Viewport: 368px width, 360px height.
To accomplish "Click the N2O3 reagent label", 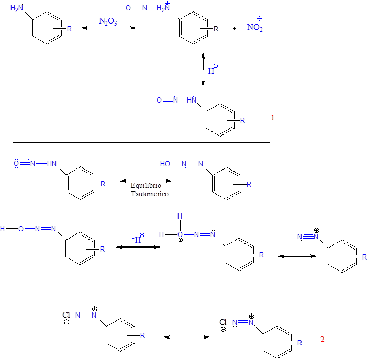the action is [108, 21].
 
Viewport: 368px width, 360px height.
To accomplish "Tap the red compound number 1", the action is [273, 118].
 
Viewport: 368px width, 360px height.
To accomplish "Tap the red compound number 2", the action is [322, 340].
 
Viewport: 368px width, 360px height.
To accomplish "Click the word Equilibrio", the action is [146, 186].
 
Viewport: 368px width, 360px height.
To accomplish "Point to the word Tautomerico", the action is [150, 194].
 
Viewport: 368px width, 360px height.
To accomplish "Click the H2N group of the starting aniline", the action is [17, 8].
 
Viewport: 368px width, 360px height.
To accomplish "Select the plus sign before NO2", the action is [234, 29].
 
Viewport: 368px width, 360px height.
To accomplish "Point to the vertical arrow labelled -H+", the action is [203, 70].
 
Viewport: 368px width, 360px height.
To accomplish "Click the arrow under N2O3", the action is [108, 28].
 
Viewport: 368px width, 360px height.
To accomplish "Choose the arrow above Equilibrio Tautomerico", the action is [146, 181].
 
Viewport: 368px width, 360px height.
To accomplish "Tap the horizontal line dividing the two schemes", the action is [141, 142].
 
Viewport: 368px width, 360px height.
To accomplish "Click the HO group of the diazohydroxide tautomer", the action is [165, 164].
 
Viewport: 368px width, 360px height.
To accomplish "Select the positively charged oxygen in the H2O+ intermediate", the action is [180, 235].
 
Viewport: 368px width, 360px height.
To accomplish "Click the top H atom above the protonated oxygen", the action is [180, 216].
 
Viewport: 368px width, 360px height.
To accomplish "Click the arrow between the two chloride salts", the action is [186, 337].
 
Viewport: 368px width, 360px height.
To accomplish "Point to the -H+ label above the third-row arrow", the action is [138, 238].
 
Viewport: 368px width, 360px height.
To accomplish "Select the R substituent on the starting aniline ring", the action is [69, 29].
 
